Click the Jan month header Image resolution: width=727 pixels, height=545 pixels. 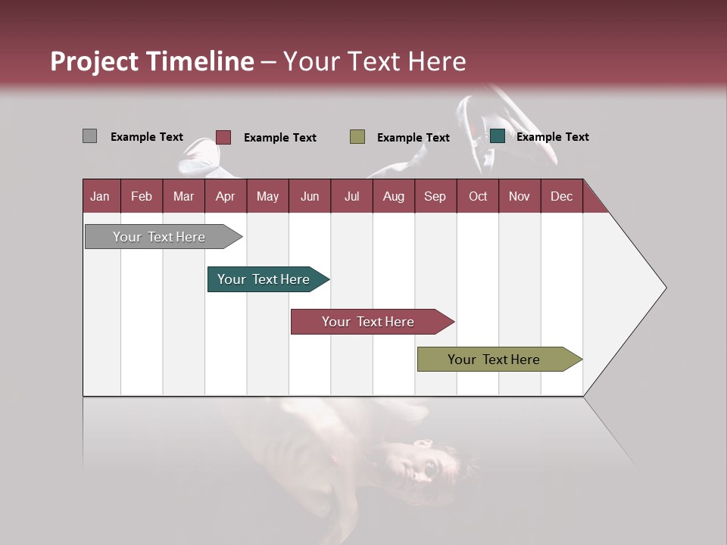pyautogui.click(x=100, y=196)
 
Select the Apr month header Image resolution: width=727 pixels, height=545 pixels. pyautogui.click(x=225, y=196)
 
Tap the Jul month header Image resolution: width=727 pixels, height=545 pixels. pyautogui.click(x=351, y=196)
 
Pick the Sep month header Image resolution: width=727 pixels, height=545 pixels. pyautogui.click(x=435, y=196)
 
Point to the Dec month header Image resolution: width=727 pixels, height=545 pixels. pyautogui.click(x=561, y=196)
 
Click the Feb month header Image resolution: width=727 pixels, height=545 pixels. pyautogui.click(x=142, y=196)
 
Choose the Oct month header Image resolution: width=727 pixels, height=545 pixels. pyautogui.click(x=478, y=196)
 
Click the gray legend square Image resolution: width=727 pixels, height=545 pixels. pyautogui.click(x=89, y=136)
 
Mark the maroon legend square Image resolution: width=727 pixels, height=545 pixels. pyautogui.click(x=223, y=137)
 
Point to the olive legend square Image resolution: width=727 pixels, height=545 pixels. pyautogui.click(x=357, y=137)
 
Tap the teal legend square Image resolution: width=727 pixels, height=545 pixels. pyautogui.click(x=498, y=136)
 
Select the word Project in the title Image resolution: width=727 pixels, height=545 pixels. pyautogui.click(x=94, y=61)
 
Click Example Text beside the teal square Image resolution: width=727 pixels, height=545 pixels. pyautogui.click(x=552, y=137)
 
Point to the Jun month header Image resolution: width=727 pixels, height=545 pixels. pyautogui.click(x=309, y=196)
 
